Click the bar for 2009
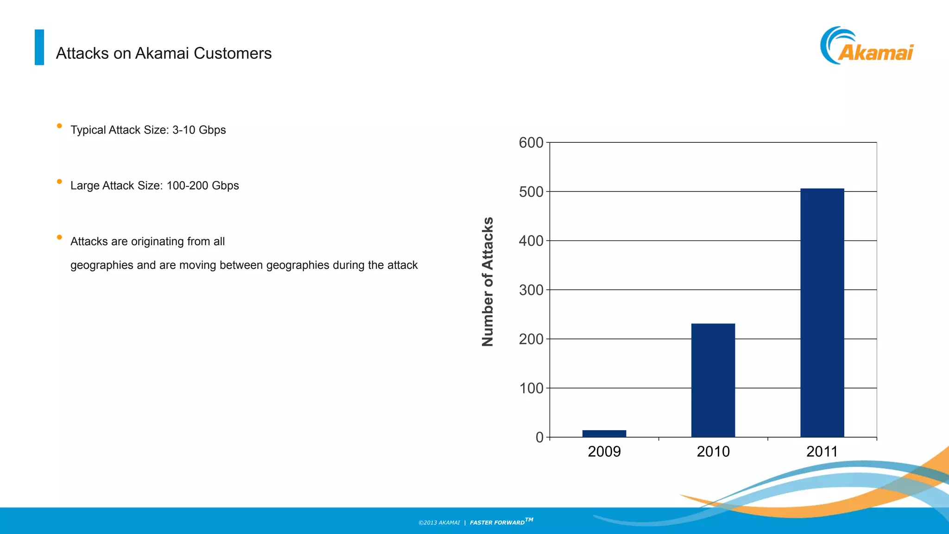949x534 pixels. tap(604, 433)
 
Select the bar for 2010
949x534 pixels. tap(713, 380)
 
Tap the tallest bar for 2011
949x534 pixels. tap(822, 313)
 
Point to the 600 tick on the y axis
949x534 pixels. tap(531, 143)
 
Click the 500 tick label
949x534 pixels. tap(531, 192)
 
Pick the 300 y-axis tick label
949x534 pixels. tap(531, 290)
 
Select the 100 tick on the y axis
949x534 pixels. tap(531, 388)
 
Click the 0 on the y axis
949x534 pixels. tap(539, 437)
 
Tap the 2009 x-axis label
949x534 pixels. tap(604, 451)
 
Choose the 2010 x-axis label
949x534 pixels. tap(713, 451)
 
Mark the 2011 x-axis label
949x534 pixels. tap(822, 451)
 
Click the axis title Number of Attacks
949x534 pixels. tap(487, 281)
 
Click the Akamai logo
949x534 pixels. tap(867, 46)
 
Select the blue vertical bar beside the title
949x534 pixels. tap(39, 47)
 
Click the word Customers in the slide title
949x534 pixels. tap(233, 53)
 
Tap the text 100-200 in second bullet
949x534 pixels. tap(187, 186)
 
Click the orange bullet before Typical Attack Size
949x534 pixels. tap(59, 126)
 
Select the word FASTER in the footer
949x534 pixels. tap(481, 523)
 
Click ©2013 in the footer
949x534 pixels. tap(428, 523)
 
